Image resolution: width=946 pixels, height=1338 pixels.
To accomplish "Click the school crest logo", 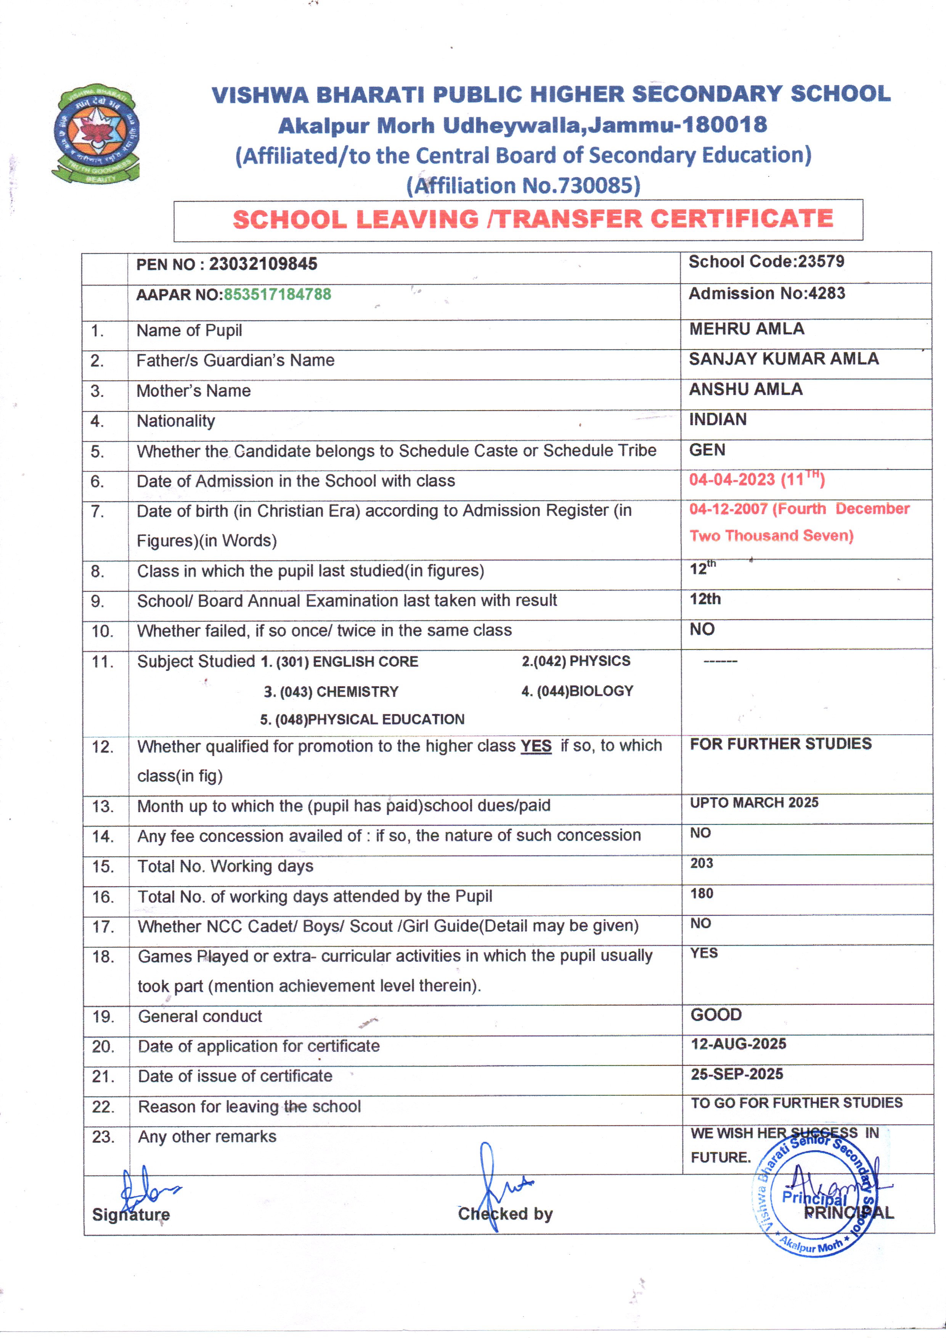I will tap(96, 134).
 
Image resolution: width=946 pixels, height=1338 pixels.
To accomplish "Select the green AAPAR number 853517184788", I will tap(277, 294).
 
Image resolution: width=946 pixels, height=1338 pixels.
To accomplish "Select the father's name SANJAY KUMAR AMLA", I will tap(784, 359).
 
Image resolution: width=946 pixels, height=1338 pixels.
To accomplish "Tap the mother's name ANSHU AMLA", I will tap(745, 389).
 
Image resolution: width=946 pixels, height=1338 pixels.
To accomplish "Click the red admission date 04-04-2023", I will tap(732, 479).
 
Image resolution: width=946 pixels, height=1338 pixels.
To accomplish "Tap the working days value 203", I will tap(701, 863).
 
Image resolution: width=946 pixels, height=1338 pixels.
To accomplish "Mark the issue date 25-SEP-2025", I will tap(737, 1074).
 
